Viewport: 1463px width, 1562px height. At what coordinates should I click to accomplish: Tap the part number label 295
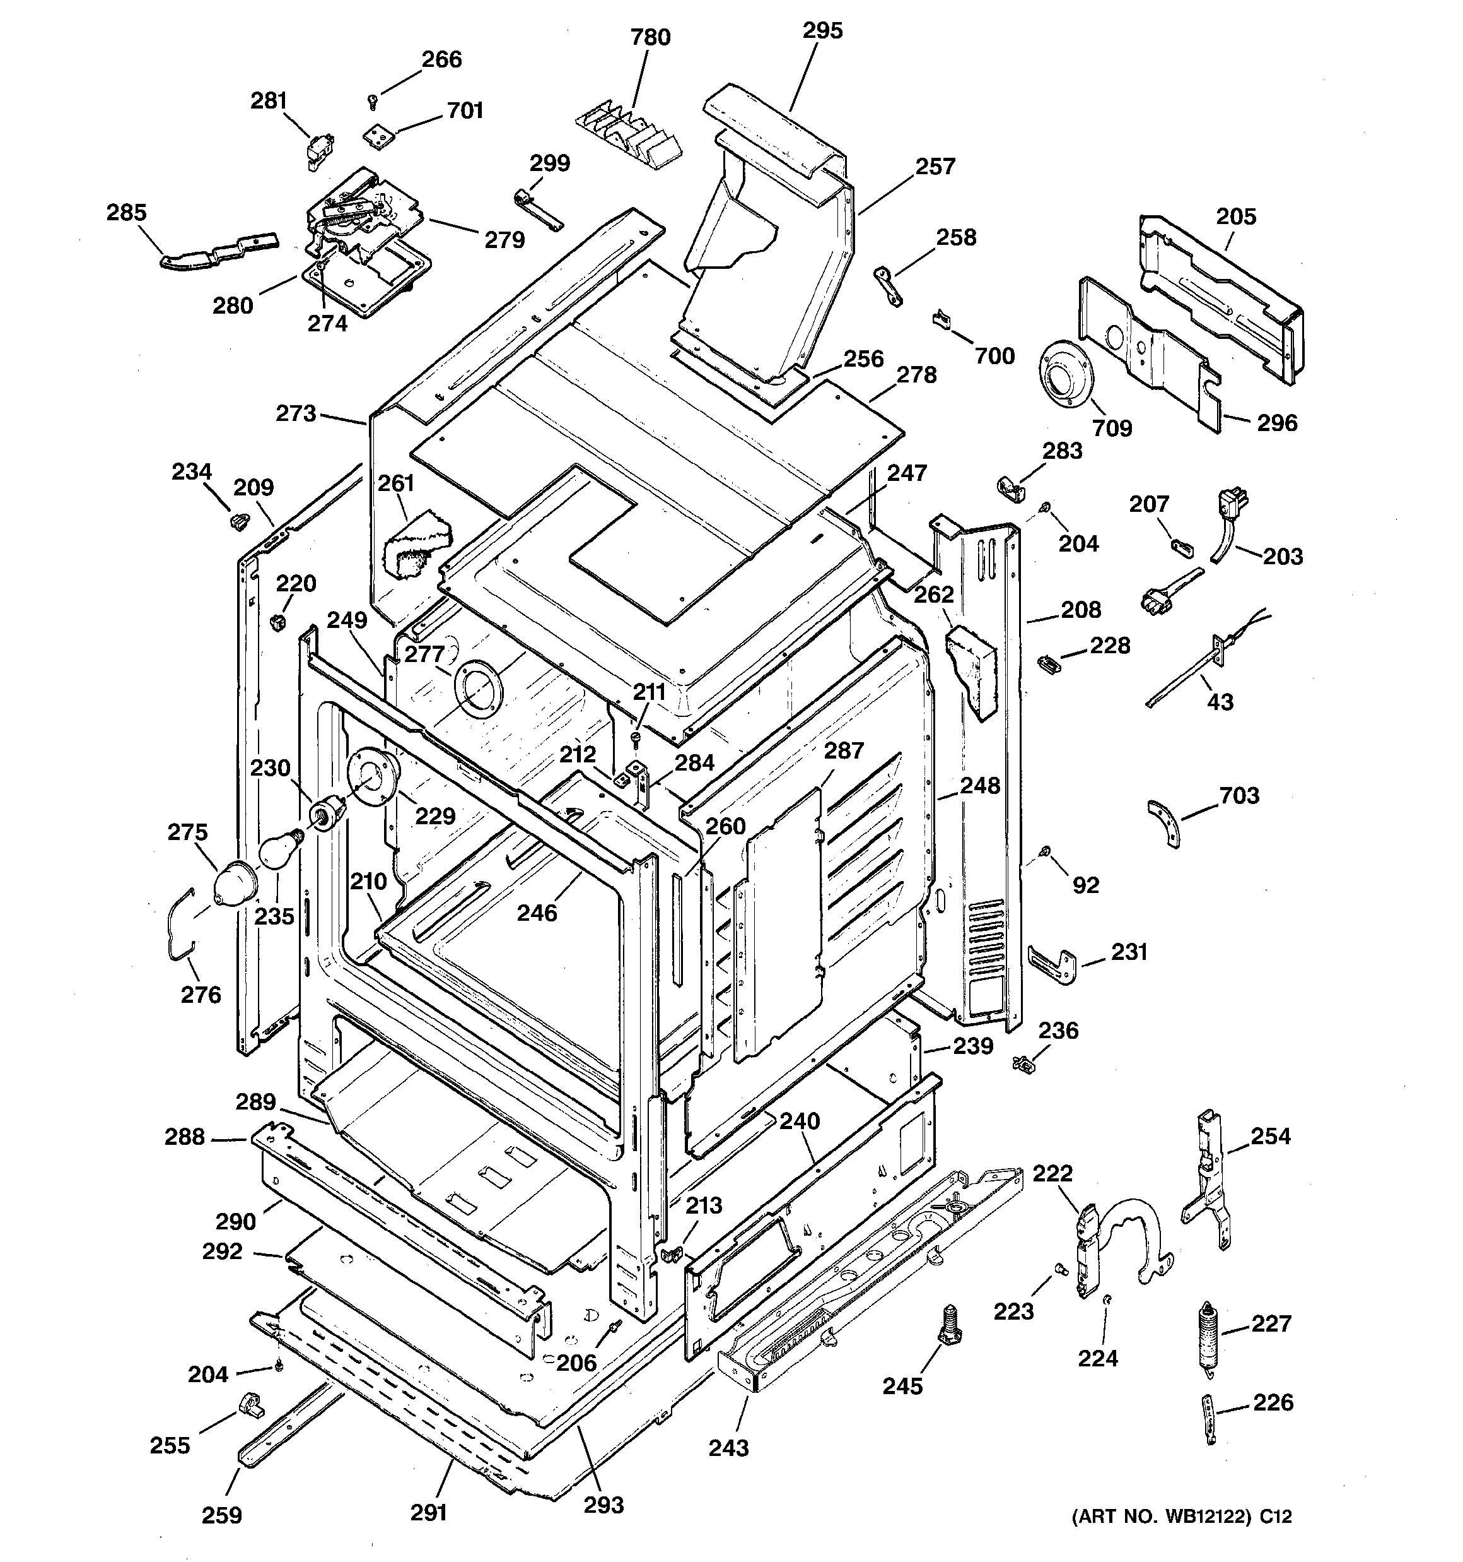pos(822,31)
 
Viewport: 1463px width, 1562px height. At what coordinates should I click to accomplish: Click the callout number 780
pos(650,37)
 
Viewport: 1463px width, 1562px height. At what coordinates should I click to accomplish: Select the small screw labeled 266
pos(373,100)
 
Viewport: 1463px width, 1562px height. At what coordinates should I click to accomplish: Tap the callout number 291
pos(429,1511)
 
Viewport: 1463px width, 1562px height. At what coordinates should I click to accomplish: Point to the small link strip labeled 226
pos(1210,1417)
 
